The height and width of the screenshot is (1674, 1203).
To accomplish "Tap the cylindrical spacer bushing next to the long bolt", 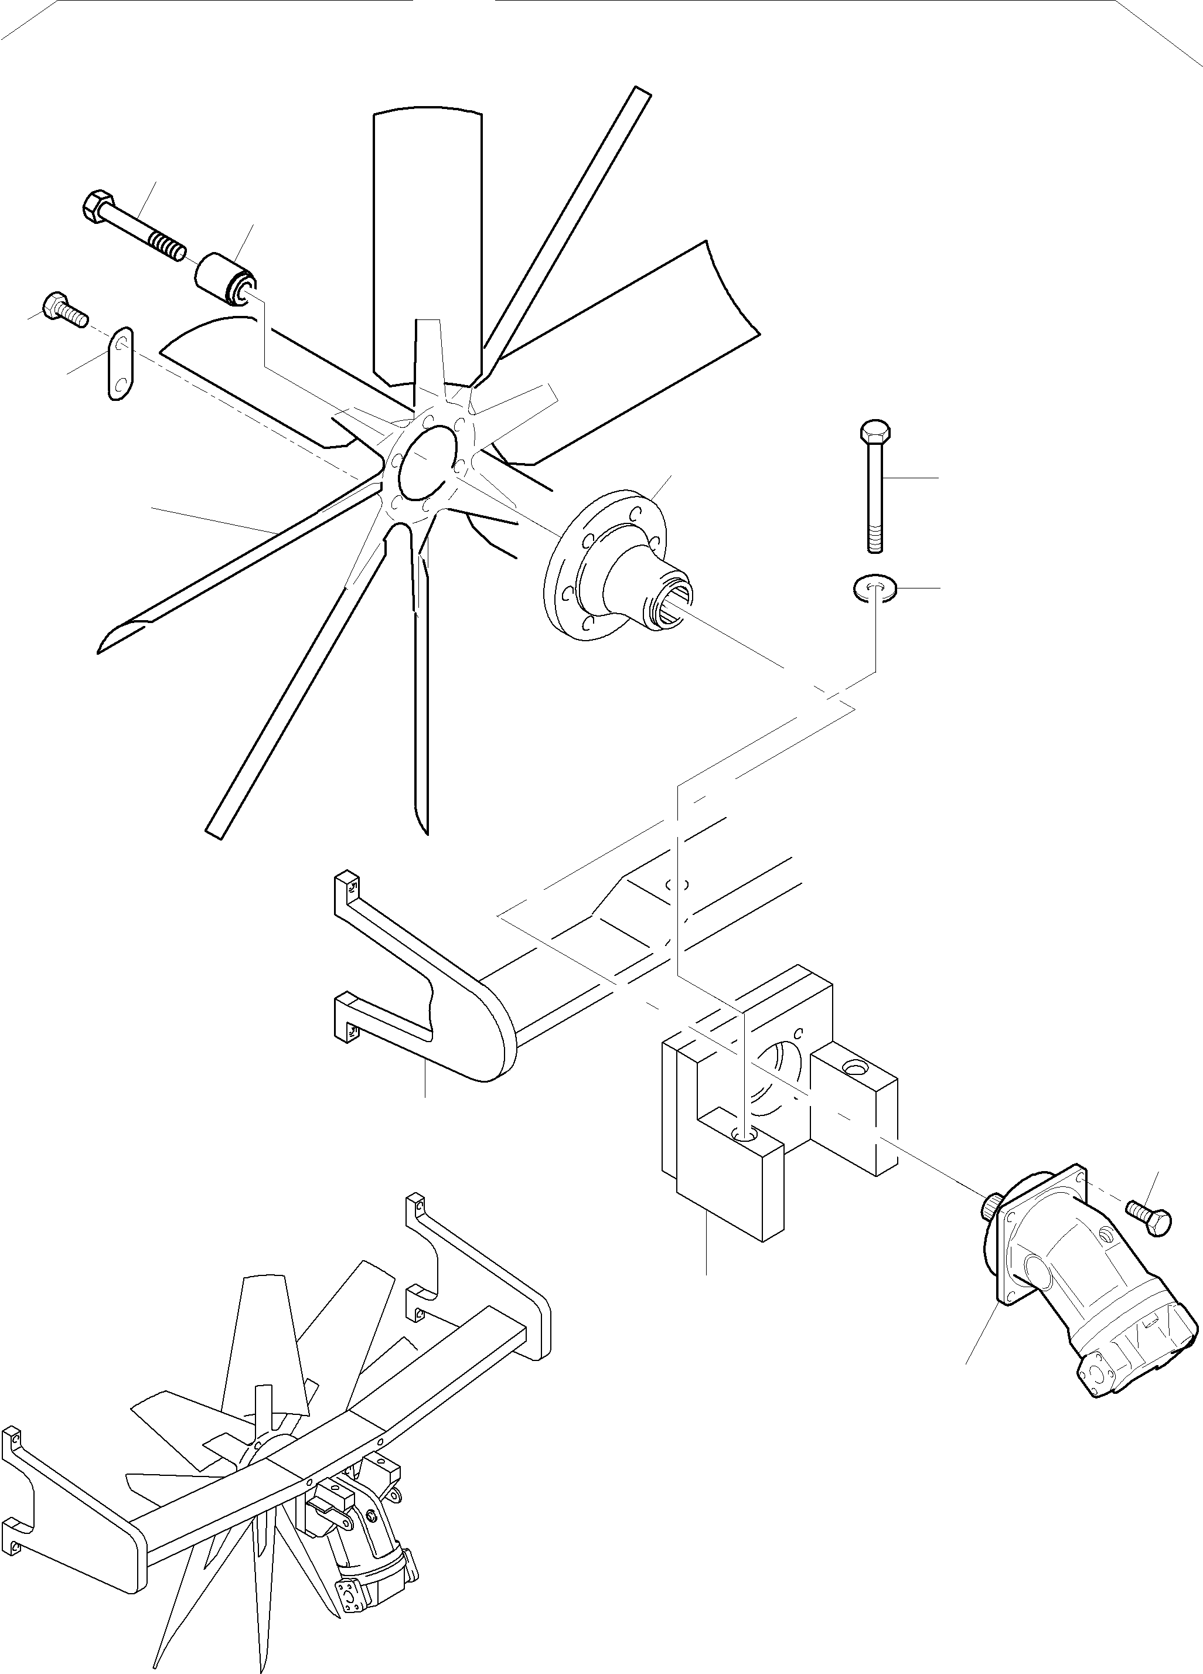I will pos(224,278).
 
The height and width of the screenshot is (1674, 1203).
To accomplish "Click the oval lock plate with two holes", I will pos(121,364).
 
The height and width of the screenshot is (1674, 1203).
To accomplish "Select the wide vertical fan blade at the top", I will pos(428,244).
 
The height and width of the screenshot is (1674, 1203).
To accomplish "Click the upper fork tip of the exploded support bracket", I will pos(347,886).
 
